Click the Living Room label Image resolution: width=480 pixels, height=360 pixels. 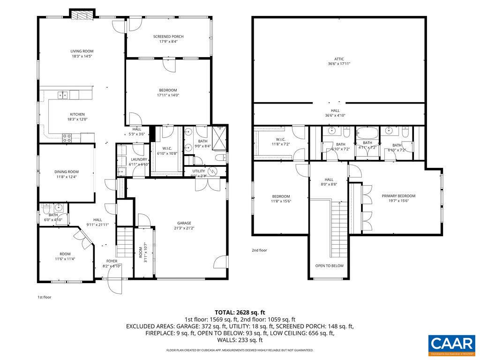pyautogui.click(x=82, y=51)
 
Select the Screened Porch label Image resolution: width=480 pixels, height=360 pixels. pyautogui.click(x=168, y=37)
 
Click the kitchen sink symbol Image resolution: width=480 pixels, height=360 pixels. pyautogui.click(x=62, y=95)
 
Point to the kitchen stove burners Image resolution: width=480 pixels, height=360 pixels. pyautogui.click(x=67, y=137)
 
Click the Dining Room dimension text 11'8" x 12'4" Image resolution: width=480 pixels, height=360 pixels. pyautogui.click(x=66, y=177)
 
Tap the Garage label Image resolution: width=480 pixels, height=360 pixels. pyautogui.click(x=184, y=223)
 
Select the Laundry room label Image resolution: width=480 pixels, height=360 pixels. pyautogui.click(x=139, y=159)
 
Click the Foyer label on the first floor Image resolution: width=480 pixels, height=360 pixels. pyautogui.click(x=112, y=261)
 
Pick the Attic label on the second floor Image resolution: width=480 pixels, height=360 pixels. pyautogui.click(x=339, y=59)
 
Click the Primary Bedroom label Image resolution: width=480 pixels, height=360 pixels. pyautogui.click(x=398, y=196)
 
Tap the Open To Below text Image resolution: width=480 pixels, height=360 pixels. pyautogui.click(x=329, y=266)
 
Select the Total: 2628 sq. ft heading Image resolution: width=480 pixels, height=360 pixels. pyautogui.click(x=240, y=312)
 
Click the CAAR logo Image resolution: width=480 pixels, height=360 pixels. pyautogui.click(x=451, y=344)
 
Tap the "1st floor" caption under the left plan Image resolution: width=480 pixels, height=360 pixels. pyautogui.click(x=44, y=297)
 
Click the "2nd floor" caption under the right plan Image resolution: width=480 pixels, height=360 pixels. pyautogui.click(x=259, y=250)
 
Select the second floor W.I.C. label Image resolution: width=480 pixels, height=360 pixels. pyautogui.click(x=281, y=139)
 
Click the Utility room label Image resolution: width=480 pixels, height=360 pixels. pyautogui.click(x=199, y=171)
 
